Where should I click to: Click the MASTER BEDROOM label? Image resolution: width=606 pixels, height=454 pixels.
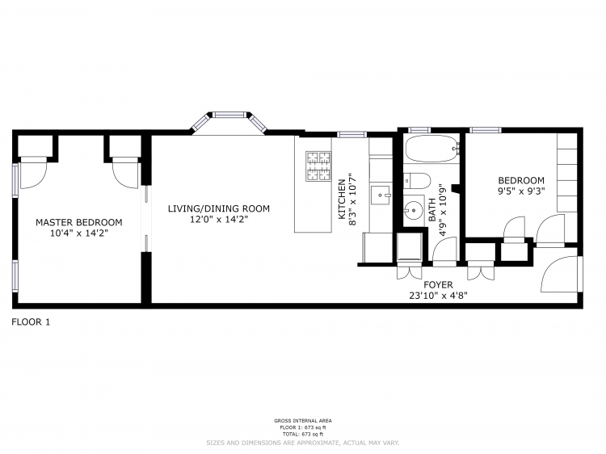pos(78,222)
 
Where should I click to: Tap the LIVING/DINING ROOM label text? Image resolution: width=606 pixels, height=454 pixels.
pos(218,208)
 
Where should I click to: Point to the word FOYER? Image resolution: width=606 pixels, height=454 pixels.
pos(438,284)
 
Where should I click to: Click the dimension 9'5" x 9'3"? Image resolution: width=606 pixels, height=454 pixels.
pos(520,192)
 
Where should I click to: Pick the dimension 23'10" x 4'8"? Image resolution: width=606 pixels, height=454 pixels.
pos(438,296)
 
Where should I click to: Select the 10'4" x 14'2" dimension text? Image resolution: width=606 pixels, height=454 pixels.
pos(78,233)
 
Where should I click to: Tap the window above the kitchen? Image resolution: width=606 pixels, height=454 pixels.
pos(351,134)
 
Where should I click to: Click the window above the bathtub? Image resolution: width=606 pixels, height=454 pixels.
pos(419,130)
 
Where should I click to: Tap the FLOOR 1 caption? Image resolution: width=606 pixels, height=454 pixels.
pos(31,322)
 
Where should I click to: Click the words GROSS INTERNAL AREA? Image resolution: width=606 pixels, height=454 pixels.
pos(302,421)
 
